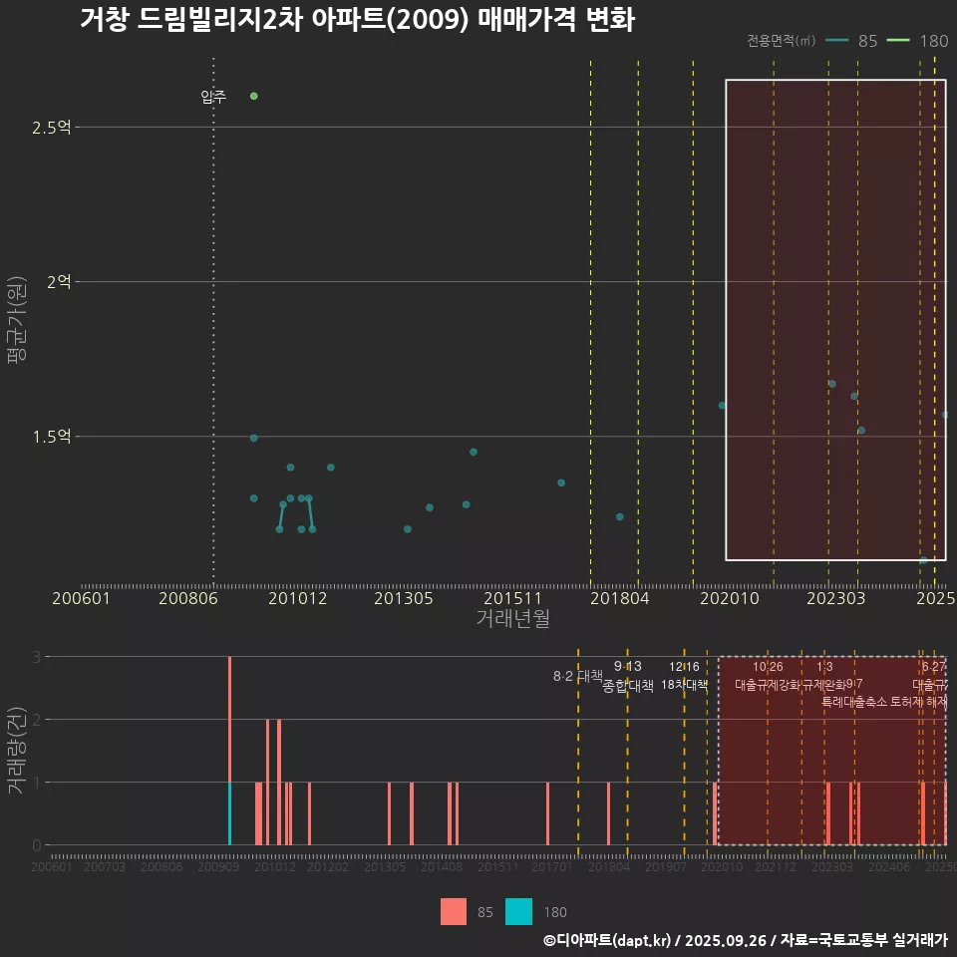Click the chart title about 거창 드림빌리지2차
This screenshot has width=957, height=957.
[x=357, y=21]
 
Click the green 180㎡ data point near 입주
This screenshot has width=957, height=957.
[x=254, y=96]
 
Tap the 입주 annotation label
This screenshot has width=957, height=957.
[x=213, y=97]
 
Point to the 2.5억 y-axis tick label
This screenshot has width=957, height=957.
[x=51, y=128]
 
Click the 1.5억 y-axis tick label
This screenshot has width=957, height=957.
[x=51, y=437]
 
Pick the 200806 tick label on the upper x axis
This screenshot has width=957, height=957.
[x=188, y=599]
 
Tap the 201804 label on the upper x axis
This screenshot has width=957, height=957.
[x=619, y=599]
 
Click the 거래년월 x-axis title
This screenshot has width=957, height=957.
[x=512, y=619]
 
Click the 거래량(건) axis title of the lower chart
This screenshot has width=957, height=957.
[x=16, y=751]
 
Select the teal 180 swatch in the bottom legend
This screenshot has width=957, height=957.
[x=518, y=911]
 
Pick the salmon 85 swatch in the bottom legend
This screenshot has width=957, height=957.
[x=454, y=911]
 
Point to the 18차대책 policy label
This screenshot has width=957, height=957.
[x=684, y=685]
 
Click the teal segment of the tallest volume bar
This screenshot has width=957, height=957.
[x=230, y=813]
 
